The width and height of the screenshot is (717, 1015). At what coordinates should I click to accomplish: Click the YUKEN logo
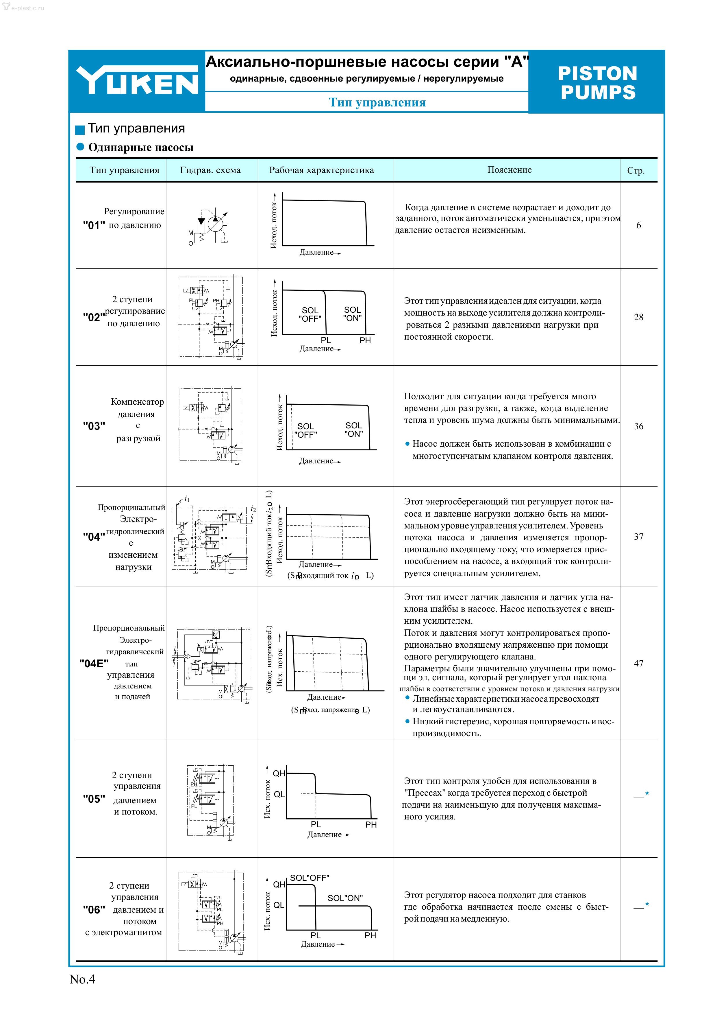tap(137, 80)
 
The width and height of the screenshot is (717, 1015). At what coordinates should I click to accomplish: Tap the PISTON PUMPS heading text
tap(598, 83)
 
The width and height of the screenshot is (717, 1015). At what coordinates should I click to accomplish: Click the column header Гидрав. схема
tap(210, 170)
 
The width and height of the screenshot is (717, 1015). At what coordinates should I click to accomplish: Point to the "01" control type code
tap(94, 225)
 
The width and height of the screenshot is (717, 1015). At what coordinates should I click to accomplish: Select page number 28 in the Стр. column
tap(638, 317)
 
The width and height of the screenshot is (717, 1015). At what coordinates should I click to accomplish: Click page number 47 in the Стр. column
tap(638, 663)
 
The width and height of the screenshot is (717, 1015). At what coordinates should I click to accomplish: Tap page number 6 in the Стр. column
tap(638, 225)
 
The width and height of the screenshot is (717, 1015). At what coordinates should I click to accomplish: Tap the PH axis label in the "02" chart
tap(365, 340)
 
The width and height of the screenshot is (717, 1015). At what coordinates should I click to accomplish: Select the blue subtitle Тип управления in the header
tap(377, 103)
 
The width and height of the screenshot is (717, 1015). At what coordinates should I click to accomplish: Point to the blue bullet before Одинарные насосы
tap(80, 147)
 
